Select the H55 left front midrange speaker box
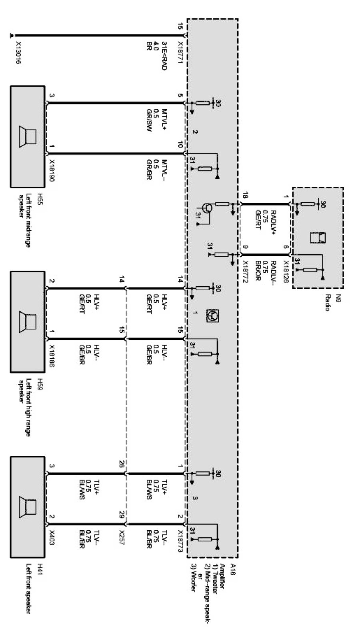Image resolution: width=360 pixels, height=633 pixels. coord(27,136)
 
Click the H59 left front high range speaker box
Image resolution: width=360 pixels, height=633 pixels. coord(27,322)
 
